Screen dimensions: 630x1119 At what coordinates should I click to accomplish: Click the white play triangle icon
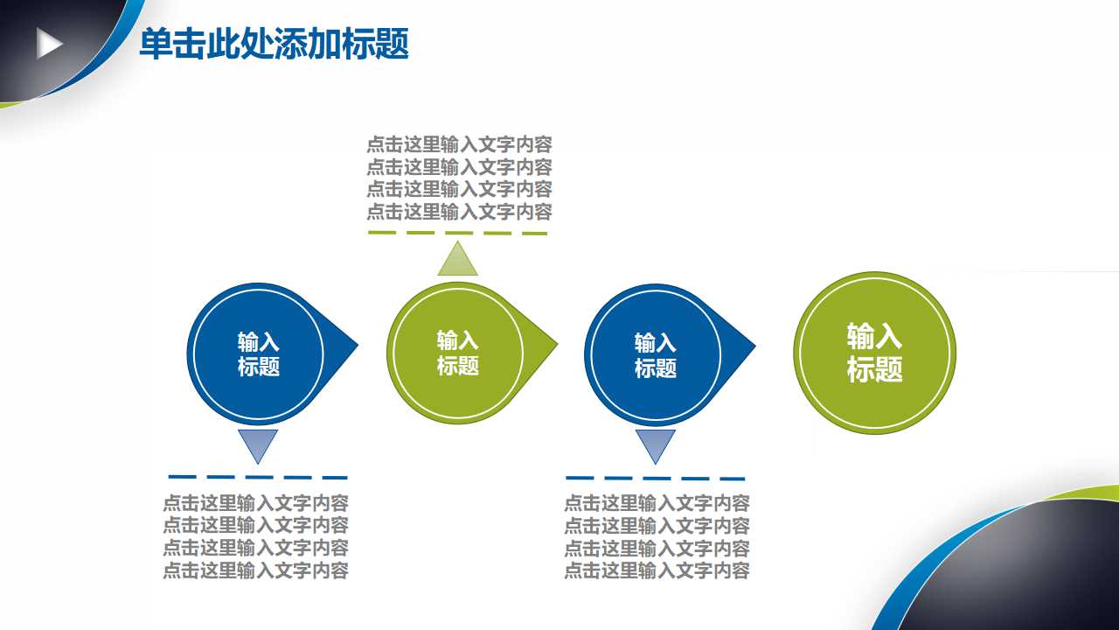click(49, 44)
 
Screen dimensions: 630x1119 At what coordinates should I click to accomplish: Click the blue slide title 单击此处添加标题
click(274, 45)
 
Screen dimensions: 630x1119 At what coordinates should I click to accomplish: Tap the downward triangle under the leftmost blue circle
click(258, 444)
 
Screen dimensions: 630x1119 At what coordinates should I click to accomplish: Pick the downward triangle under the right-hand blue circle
click(655, 444)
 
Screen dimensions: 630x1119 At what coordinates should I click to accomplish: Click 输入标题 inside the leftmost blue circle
click(259, 354)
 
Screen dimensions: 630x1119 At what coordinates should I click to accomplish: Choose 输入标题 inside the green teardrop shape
click(457, 353)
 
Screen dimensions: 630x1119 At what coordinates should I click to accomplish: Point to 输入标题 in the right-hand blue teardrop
click(656, 355)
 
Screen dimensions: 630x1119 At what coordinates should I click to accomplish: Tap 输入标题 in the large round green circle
click(874, 352)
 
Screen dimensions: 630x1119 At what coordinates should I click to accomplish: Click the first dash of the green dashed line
click(382, 233)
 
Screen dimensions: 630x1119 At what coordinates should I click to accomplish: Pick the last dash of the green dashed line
click(534, 234)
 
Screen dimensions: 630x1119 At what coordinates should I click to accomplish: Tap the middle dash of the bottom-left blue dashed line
click(260, 477)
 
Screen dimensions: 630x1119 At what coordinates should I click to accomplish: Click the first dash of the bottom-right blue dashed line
click(580, 478)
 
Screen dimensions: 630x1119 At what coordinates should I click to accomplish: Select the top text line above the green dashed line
click(459, 145)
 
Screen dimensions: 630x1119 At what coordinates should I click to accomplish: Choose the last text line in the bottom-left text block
click(255, 570)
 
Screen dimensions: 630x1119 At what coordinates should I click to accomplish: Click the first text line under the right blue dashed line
click(657, 503)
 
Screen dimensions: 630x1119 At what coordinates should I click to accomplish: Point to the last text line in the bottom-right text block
click(657, 571)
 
